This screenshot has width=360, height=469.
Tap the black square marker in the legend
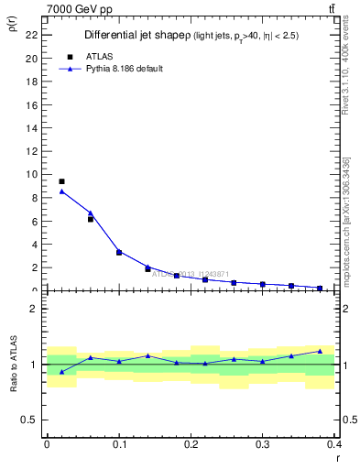point(70,56)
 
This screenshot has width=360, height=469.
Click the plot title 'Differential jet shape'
point(135,35)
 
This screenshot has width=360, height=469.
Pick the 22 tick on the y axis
point(32,34)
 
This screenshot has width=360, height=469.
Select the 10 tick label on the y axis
point(32,174)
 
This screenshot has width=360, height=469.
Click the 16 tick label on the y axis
point(32,104)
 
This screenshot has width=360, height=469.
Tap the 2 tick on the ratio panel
point(34,309)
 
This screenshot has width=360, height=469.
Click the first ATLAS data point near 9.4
point(61,181)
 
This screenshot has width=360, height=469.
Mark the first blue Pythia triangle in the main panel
point(61,191)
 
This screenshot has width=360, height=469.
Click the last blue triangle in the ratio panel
point(320,351)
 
